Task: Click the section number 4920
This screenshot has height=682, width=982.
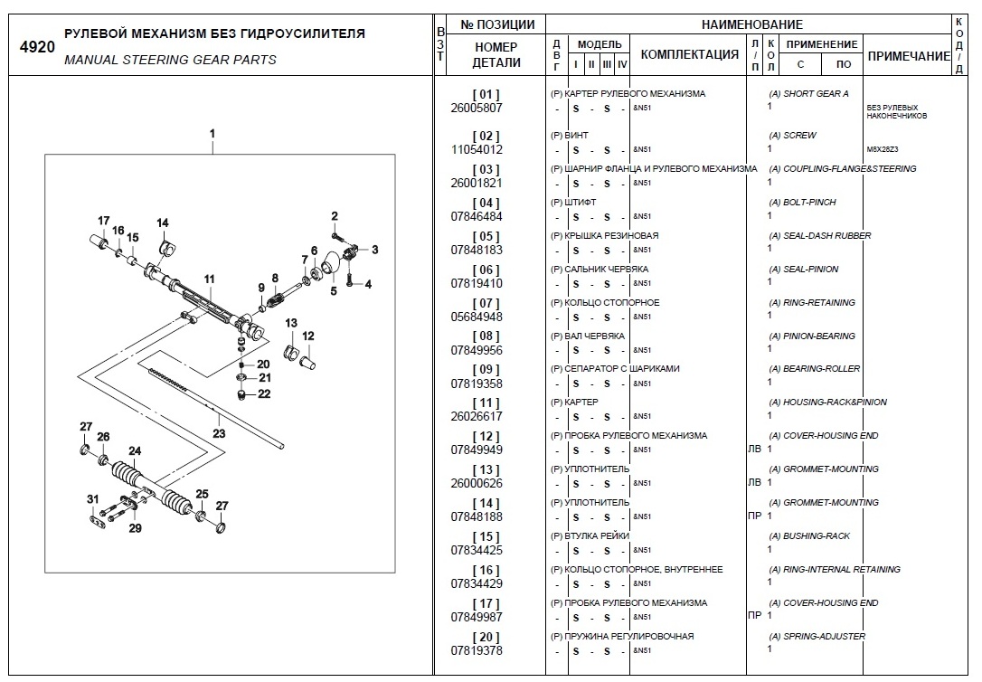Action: pyautogui.click(x=37, y=48)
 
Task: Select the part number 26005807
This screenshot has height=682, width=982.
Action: pyautogui.click(x=476, y=108)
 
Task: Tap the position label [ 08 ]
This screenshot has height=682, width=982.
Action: pyautogui.click(x=486, y=336)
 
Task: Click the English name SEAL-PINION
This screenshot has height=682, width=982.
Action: pyautogui.click(x=810, y=270)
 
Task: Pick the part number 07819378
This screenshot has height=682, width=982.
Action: pyautogui.click(x=476, y=650)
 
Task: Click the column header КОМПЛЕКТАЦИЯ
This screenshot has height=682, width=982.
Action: pyautogui.click(x=689, y=54)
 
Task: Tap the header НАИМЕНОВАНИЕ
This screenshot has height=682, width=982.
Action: pyautogui.click(x=751, y=24)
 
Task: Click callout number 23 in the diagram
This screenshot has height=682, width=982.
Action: pyautogui.click(x=219, y=433)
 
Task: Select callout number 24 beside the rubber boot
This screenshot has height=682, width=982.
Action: pyautogui.click(x=135, y=450)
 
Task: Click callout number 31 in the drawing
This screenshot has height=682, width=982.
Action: pyautogui.click(x=92, y=499)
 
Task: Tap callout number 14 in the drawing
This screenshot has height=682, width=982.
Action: pyautogui.click(x=163, y=223)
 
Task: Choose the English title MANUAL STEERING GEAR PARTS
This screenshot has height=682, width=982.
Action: pyautogui.click(x=171, y=60)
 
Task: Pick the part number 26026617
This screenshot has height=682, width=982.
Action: pyautogui.click(x=476, y=416)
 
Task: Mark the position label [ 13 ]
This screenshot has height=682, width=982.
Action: pyautogui.click(x=486, y=470)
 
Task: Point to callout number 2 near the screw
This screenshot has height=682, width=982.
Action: pyautogui.click(x=334, y=215)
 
